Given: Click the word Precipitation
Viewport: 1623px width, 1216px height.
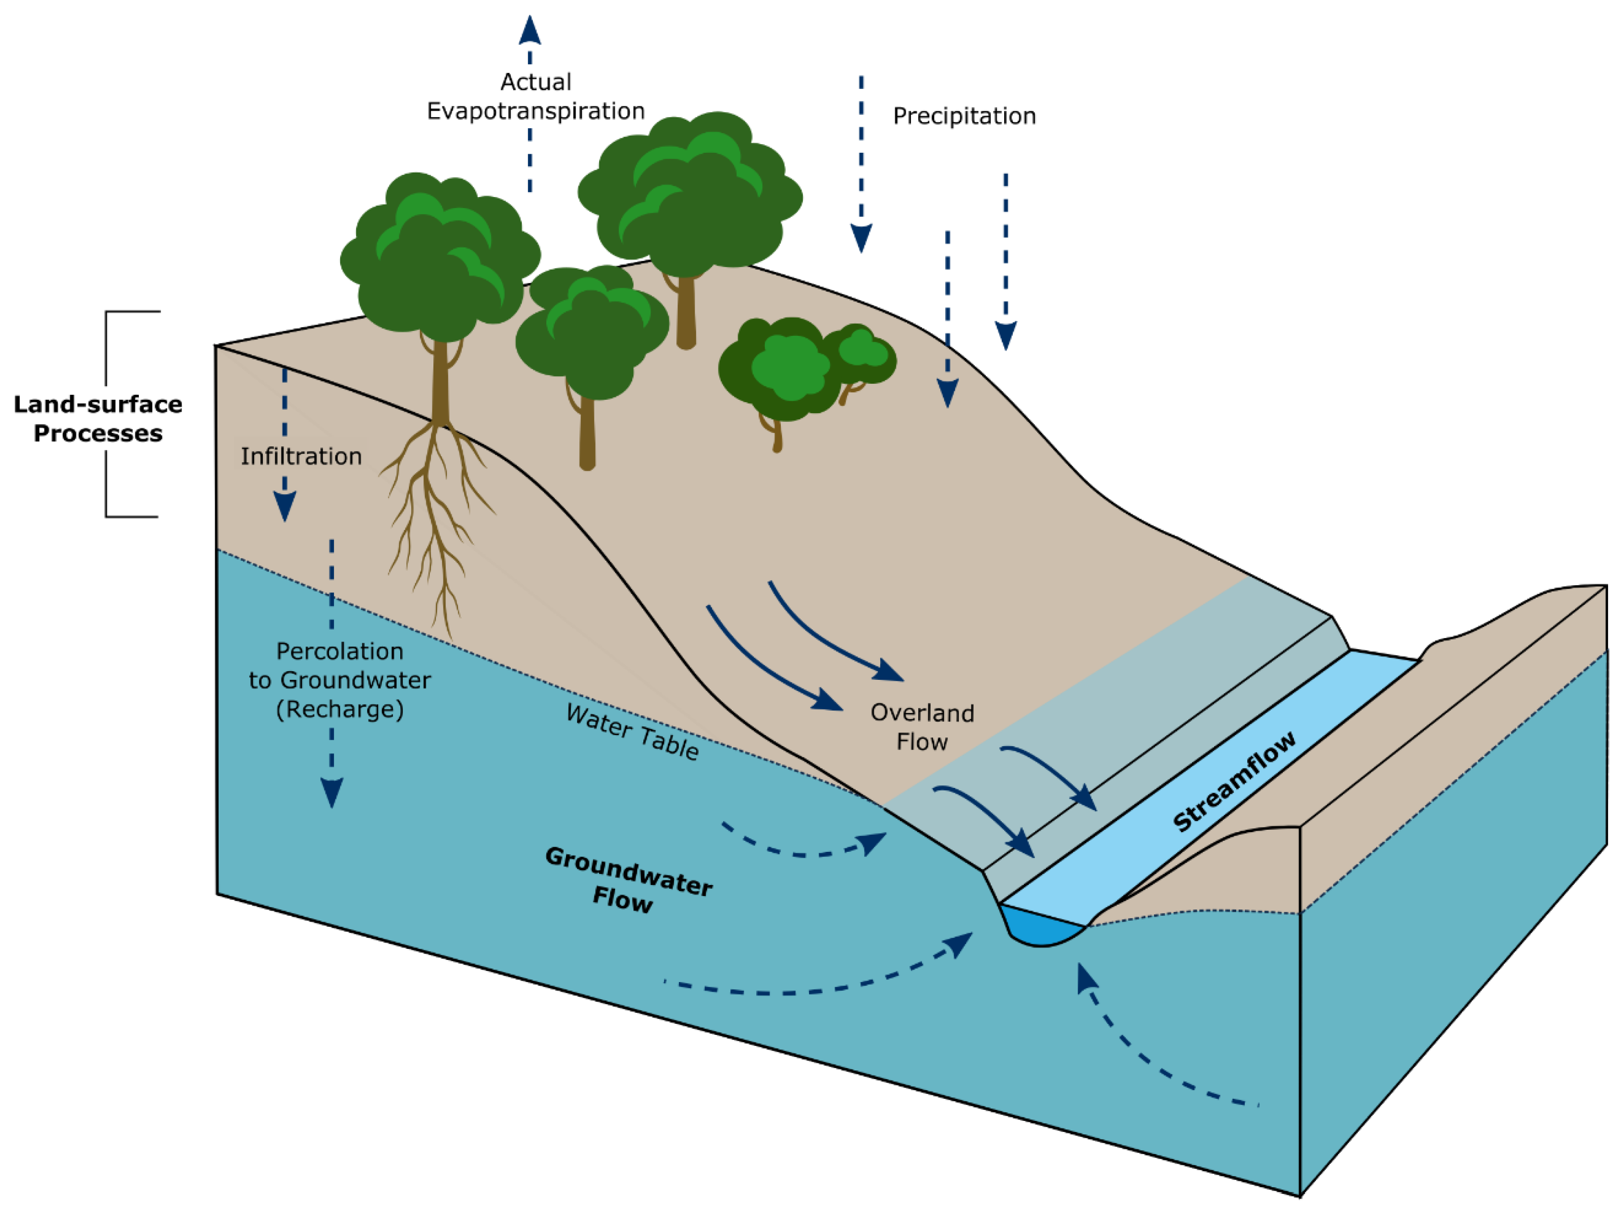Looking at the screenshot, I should [964, 116].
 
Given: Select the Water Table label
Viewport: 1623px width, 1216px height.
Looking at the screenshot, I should [632, 732].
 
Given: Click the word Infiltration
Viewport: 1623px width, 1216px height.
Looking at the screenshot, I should [302, 456].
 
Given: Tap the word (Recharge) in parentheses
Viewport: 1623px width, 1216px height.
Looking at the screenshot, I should [340, 710].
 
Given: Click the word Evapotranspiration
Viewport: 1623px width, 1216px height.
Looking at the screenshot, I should [536, 111].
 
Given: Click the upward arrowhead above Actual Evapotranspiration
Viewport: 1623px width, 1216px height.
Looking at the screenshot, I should [530, 31].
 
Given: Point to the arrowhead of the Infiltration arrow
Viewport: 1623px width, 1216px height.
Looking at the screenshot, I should [285, 506].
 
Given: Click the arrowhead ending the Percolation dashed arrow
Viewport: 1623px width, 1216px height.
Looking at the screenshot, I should [332, 793].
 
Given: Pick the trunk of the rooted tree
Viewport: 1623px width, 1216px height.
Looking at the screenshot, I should [440, 381].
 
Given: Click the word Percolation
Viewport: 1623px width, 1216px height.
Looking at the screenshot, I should [340, 651].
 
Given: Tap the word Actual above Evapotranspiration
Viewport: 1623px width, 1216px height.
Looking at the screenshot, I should [536, 82].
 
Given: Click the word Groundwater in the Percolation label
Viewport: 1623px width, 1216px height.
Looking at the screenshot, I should [356, 680].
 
